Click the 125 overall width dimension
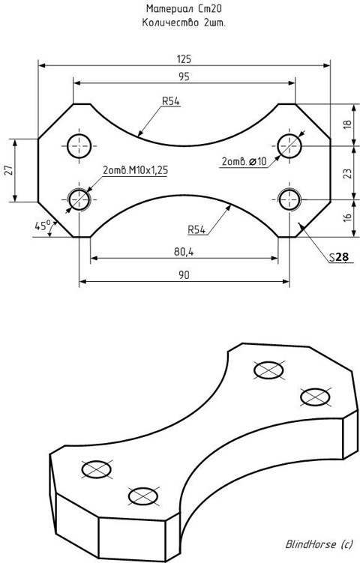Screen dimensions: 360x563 [184, 59]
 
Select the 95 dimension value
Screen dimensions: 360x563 [184, 76]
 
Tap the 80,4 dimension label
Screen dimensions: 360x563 [184, 252]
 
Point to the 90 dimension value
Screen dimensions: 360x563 [184, 275]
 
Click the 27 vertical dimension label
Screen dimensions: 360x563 [10, 170]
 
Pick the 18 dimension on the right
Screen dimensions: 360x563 [347, 124]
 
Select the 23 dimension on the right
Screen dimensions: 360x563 [347, 174]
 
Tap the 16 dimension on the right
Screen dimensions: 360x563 [347, 217]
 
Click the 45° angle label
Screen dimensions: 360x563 [43, 226]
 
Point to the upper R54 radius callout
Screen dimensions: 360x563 [171, 101]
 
